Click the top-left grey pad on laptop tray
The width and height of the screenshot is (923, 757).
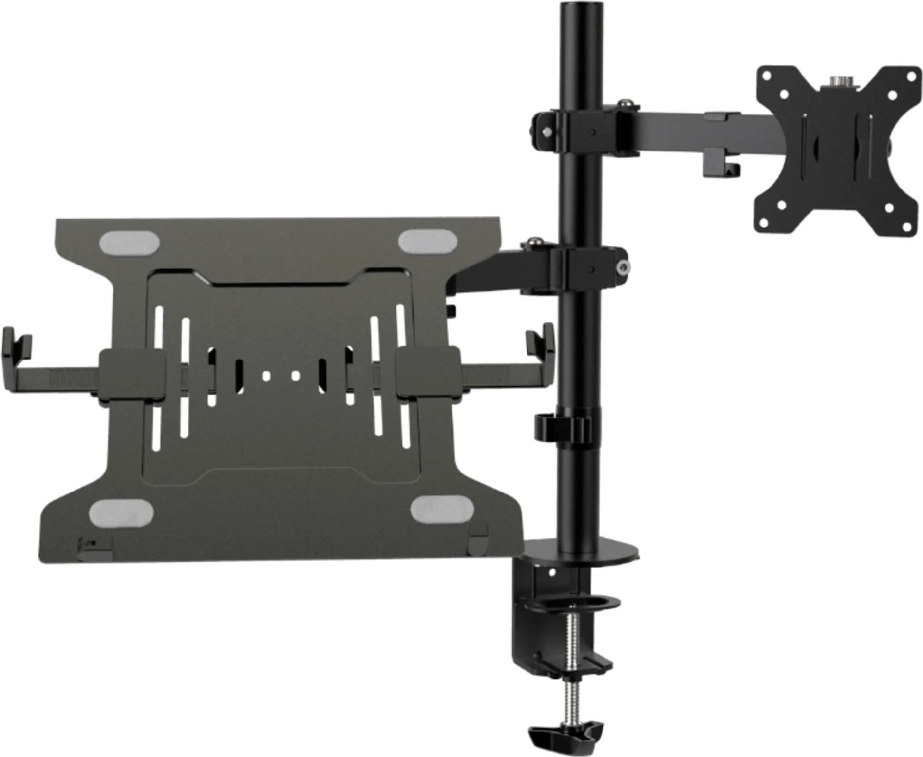130,243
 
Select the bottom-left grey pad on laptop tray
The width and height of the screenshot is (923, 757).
121,512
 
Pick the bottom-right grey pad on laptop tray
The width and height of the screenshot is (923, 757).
442,509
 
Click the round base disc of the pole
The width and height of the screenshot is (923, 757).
584,549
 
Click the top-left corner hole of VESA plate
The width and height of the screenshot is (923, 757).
768,76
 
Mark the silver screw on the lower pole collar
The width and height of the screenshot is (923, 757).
623,267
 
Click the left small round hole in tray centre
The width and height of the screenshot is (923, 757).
266,376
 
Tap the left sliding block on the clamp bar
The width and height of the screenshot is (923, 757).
132,374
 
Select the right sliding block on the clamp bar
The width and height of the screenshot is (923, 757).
427,373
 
